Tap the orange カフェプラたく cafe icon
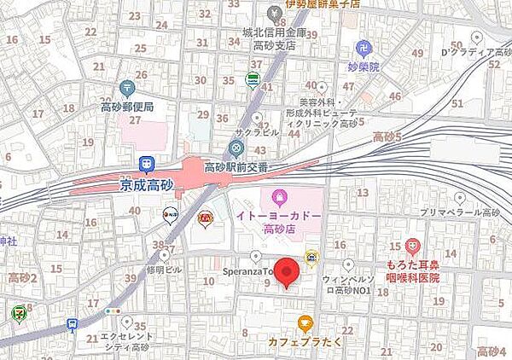pyautogui.click(x=305, y=322)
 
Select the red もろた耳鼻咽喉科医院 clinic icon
pyautogui.click(x=413, y=246)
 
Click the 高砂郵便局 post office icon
pyautogui.click(x=127, y=87)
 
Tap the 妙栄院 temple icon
pyautogui.click(x=364, y=48)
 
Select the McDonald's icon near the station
pyautogui.click(x=205, y=218)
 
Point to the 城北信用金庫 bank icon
pyautogui.click(x=275, y=13)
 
